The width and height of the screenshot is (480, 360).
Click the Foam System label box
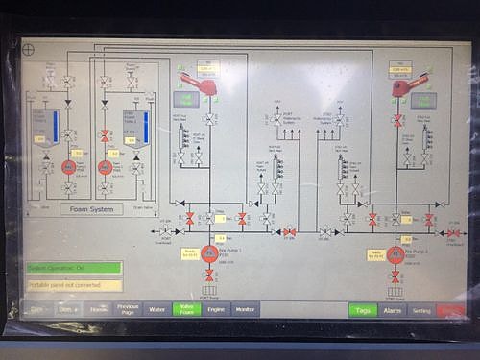tap(91, 208)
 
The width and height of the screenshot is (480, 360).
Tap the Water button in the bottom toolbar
tap(156, 309)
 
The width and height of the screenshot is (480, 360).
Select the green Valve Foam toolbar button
tap(185, 309)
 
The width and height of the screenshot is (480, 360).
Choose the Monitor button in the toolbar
tap(244, 309)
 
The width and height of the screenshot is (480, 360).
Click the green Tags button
tap(362, 310)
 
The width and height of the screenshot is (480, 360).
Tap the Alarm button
tap(393, 310)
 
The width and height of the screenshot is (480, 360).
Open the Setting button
tap(421, 310)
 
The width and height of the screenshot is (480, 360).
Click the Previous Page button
tap(128, 309)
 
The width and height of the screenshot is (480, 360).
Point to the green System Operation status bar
tap(73, 268)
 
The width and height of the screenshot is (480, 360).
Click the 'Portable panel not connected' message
tap(73, 284)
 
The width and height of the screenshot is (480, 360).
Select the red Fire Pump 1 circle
tap(209, 253)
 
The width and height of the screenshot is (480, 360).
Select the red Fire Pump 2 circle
tap(395, 253)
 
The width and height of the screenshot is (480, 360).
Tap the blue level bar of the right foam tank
tap(145, 123)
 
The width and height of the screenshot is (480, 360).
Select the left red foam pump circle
tap(69, 167)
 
